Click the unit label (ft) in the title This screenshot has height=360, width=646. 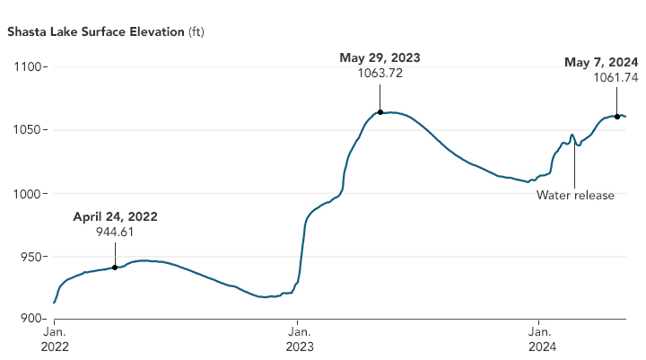point(196,33)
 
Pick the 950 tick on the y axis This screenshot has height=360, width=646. point(32,257)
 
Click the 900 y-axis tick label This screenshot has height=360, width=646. point(32,320)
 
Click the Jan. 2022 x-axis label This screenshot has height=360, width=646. point(55,338)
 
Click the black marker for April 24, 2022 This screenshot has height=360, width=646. point(115,268)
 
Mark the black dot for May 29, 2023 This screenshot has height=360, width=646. point(380,112)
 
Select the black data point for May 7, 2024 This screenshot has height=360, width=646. point(617,117)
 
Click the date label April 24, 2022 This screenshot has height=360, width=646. point(115,216)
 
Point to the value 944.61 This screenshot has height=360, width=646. point(115,232)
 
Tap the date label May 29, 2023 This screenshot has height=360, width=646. point(380,58)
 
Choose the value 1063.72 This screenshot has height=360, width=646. point(380,74)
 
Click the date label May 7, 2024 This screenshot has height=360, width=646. point(601,62)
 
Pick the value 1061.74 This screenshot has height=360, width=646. point(615,78)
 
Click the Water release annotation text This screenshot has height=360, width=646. point(575,195)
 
